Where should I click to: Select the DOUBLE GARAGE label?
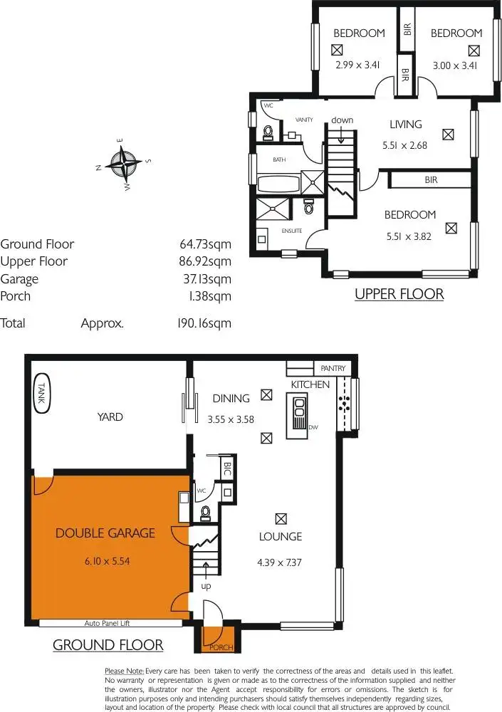[x=105, y=533]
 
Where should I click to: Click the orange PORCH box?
[x=212, y=639]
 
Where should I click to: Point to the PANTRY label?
[x=333, y=368]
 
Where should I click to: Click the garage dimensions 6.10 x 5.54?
[x=106, y=560]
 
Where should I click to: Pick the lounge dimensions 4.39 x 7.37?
[x=280, y=562]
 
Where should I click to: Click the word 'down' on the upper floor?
[x=342, y=120]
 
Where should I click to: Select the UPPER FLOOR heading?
[x=399, y=294]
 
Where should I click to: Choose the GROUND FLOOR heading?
[x=108, y=646]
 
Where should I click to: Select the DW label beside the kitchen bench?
[x=313, y=427]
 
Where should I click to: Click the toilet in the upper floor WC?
[x=268, y=132]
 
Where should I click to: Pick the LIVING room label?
[x=405, y=125]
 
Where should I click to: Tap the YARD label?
[x=110, y=417]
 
